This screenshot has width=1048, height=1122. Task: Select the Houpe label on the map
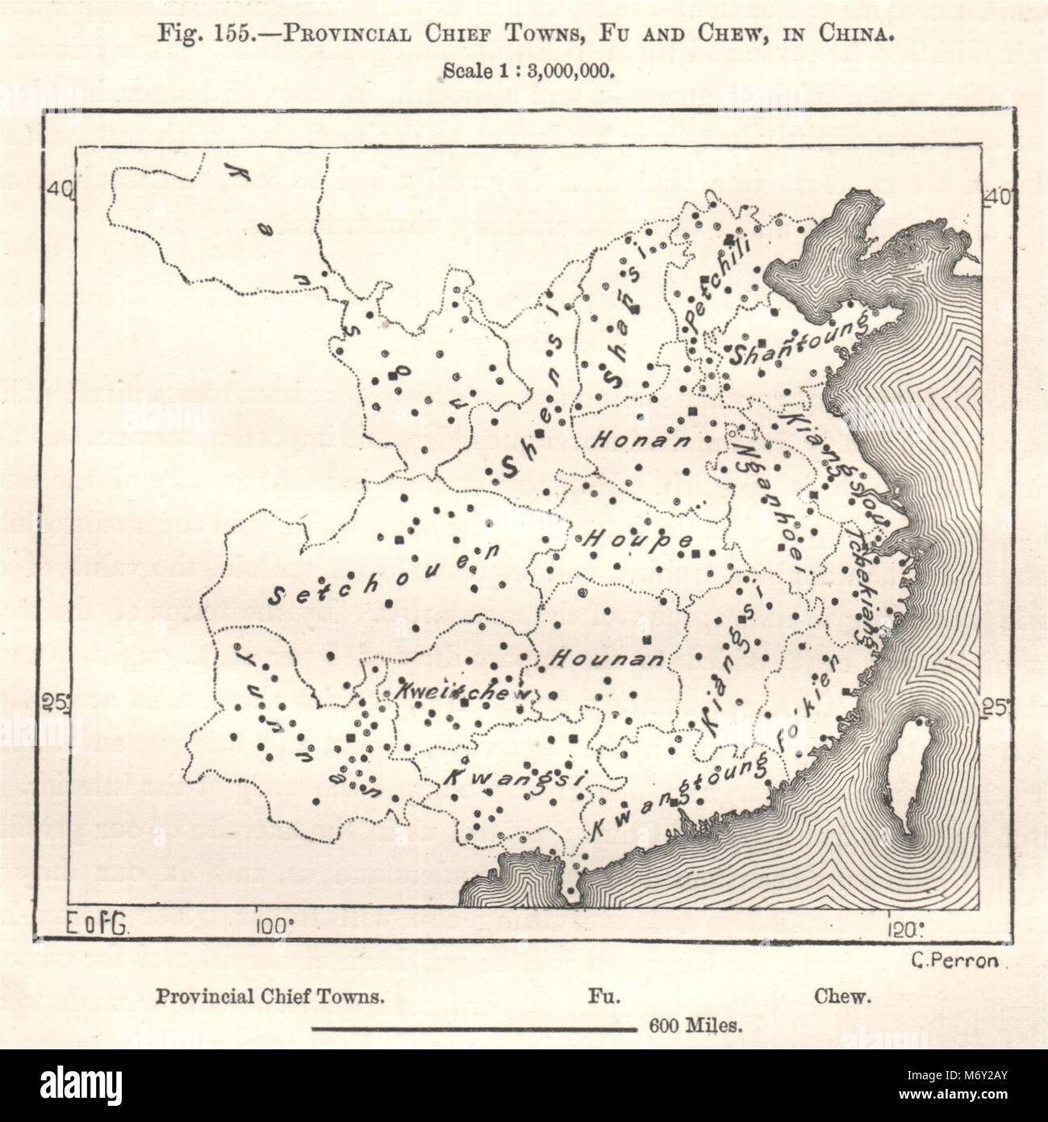point(633,537)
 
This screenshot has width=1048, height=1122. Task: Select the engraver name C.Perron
point(947,960)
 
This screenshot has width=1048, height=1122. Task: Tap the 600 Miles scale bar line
point(474,1028)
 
